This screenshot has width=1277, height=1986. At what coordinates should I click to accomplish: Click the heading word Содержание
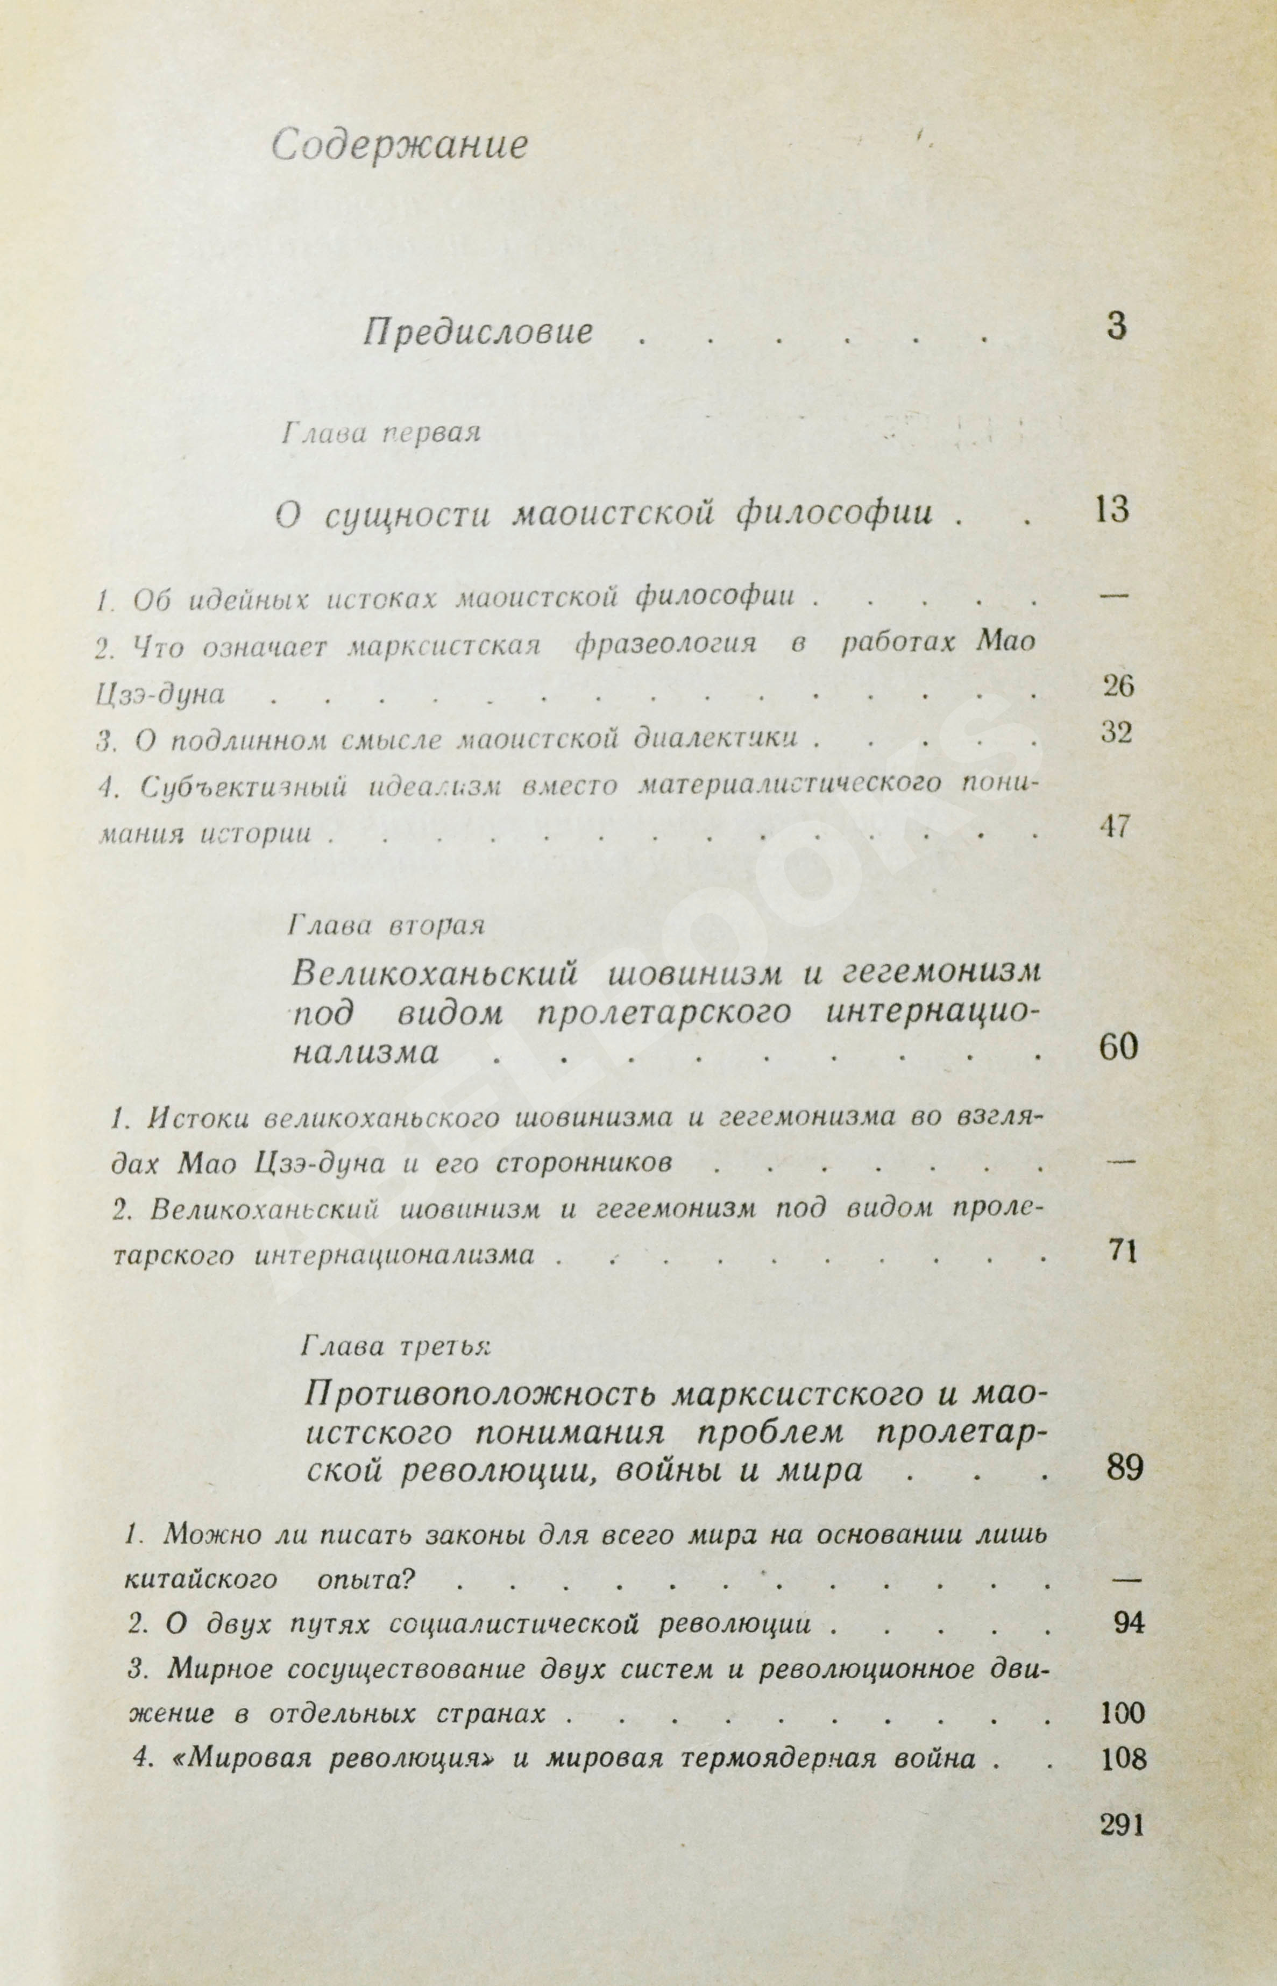point(400,146)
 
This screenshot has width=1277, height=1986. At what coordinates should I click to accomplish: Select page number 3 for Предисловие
point(1116,327)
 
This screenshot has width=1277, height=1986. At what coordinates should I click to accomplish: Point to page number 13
point(1111,510)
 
